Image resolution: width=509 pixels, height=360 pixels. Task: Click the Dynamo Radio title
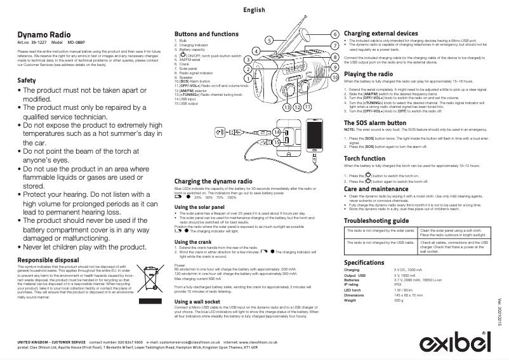(x=44, y=34)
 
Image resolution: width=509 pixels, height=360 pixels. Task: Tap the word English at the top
(x=255, y=11)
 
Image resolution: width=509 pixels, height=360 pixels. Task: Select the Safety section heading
(x=27, y=81)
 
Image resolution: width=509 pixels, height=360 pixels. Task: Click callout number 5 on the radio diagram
(x=269, y=40)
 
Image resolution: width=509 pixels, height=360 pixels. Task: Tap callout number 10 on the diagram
(x=334, y=77)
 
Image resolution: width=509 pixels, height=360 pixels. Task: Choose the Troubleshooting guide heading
(x=376, y=220)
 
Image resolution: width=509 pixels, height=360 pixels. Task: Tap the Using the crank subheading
(x=193, y=243)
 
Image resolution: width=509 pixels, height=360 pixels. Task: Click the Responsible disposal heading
(x=48, y=260)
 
